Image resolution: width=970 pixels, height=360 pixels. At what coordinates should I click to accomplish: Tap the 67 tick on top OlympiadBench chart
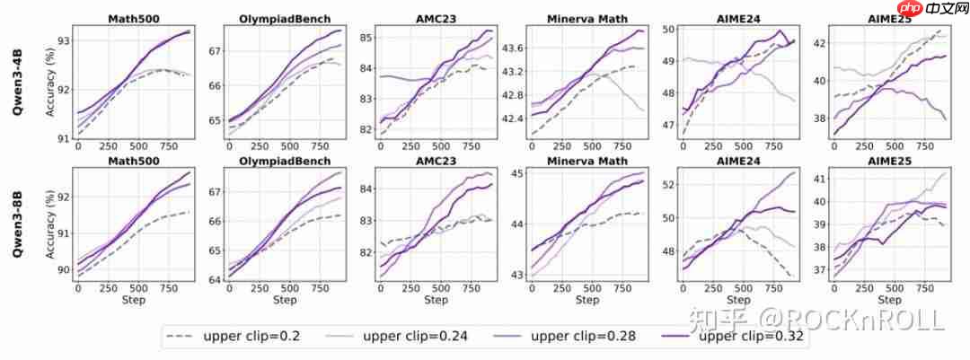click(x=213, y=50)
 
